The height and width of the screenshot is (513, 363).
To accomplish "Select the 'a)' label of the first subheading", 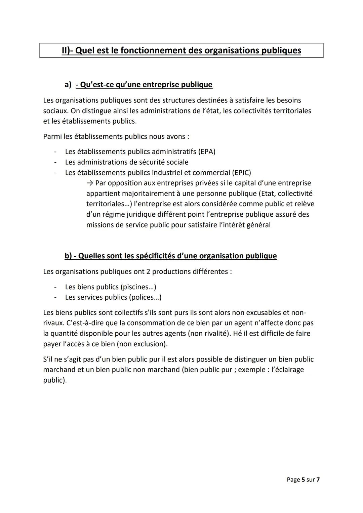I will pyautogui.click(x=68, y=84).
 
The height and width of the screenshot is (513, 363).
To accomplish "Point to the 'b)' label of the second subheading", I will pyautogui.click(x=68, y=256).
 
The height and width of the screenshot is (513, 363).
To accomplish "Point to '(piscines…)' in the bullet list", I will pyautogui.click(x=138, y=287).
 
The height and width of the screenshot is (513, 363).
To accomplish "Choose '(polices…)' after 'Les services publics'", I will pyautogui.click(x=145, y=297).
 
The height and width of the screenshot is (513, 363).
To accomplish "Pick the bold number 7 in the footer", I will pyautogui.click(x=318, y=479).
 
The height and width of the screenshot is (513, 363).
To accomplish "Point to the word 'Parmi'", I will pyautogui.click(x=52, y=136).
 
